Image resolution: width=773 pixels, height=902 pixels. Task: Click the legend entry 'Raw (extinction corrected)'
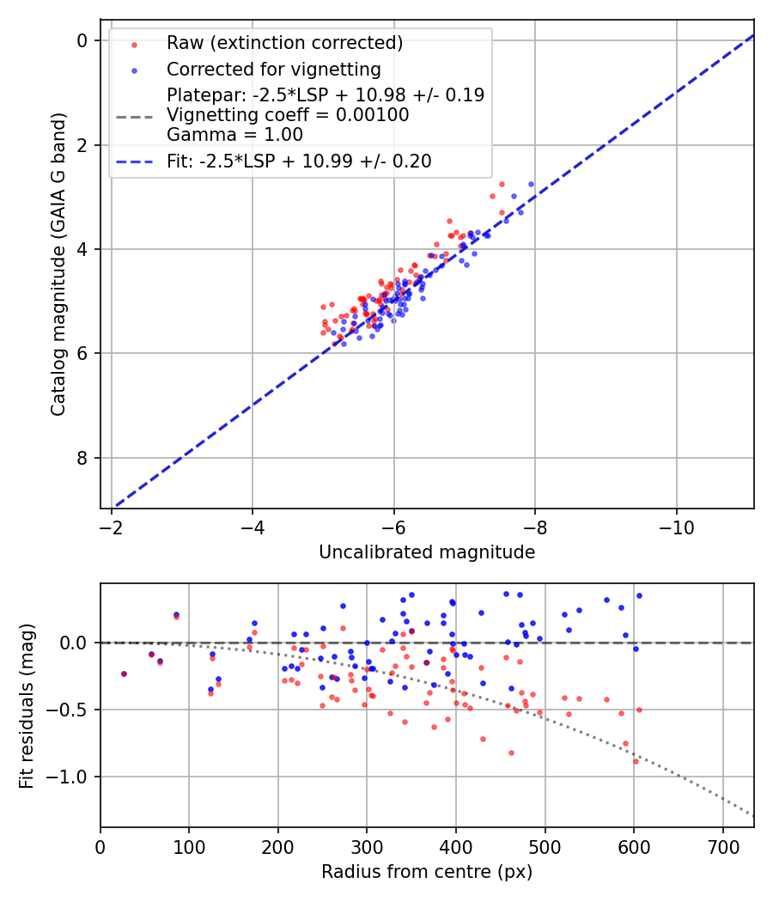pyautogui.click(x=284, y=43)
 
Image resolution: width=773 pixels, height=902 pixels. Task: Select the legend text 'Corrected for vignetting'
pyautogui.click(x=273, y=69)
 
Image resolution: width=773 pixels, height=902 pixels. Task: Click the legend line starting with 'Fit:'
pyautogui.click(x=299, y=161)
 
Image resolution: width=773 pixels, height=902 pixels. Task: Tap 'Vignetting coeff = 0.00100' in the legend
pyautogui.click(x=288, y=114)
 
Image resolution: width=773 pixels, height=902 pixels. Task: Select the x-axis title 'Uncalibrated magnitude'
pyautogui.click(x=427, y=552)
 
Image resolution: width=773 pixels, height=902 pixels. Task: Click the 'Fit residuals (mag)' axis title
pyautogui.click(x=27, y=705)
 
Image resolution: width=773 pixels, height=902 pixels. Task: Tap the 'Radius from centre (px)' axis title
pyautogui.click(x=427, y=872)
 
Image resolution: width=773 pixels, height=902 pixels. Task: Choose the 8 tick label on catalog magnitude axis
pyautogui.click(x=82, y=458)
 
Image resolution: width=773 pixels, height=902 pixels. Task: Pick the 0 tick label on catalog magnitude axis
pyautogui.click(x=82, y=40)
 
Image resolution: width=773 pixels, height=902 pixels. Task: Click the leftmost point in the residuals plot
pyautogui.click(x=124, y=673)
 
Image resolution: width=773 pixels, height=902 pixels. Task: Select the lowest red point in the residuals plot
pyautogui.click(x=636, y=761)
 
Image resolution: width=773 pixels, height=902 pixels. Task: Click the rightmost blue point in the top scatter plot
pyautogui.click(x=531, y=184)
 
